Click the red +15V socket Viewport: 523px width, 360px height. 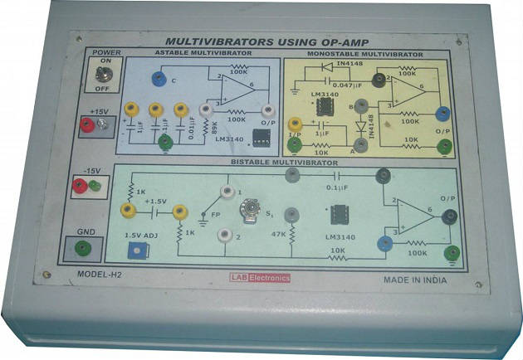pyautogui.click(x=86, y=124)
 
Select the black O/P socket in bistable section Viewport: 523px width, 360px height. pyautogui.click(x=449, y=217)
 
